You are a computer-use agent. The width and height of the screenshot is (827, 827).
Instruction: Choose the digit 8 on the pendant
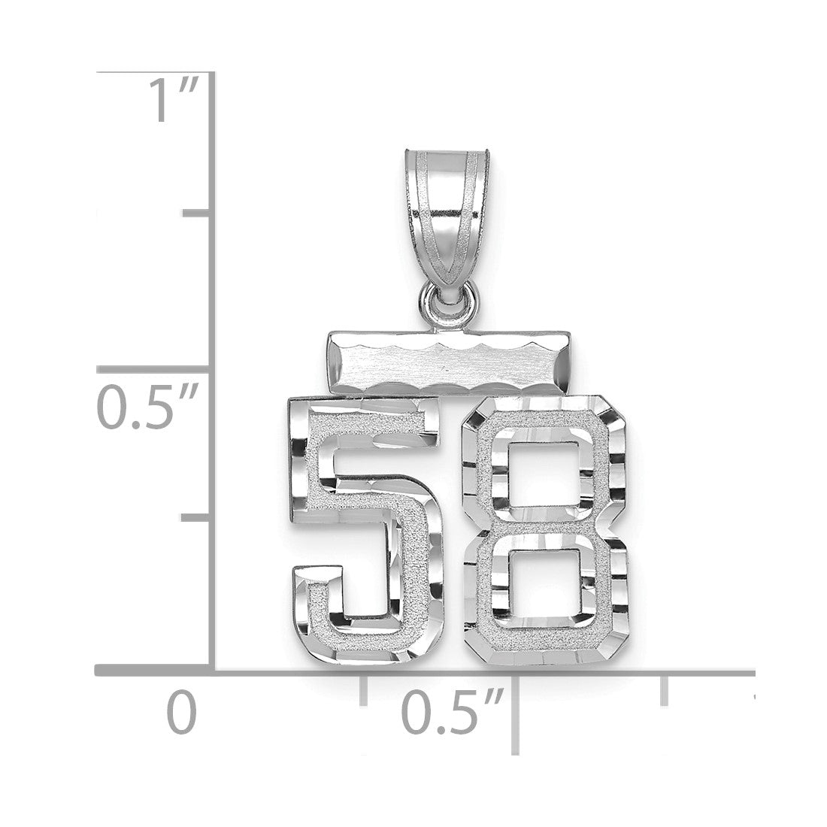545,529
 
